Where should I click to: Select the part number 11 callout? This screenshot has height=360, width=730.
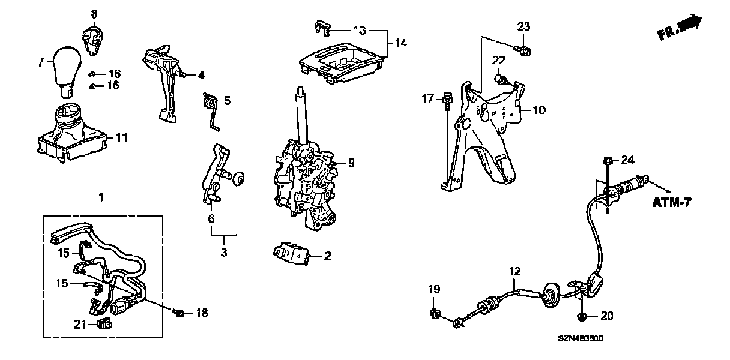[x=122, y=138]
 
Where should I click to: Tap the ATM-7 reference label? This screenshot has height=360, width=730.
[x=672, y=203]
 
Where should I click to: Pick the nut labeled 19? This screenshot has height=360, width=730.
[x=435, y=313]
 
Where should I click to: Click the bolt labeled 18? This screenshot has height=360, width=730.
[x=179, y=313]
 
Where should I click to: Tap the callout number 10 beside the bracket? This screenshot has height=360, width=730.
[x=538, y=110]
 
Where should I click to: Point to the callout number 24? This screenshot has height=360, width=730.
[x=627, y=160]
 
